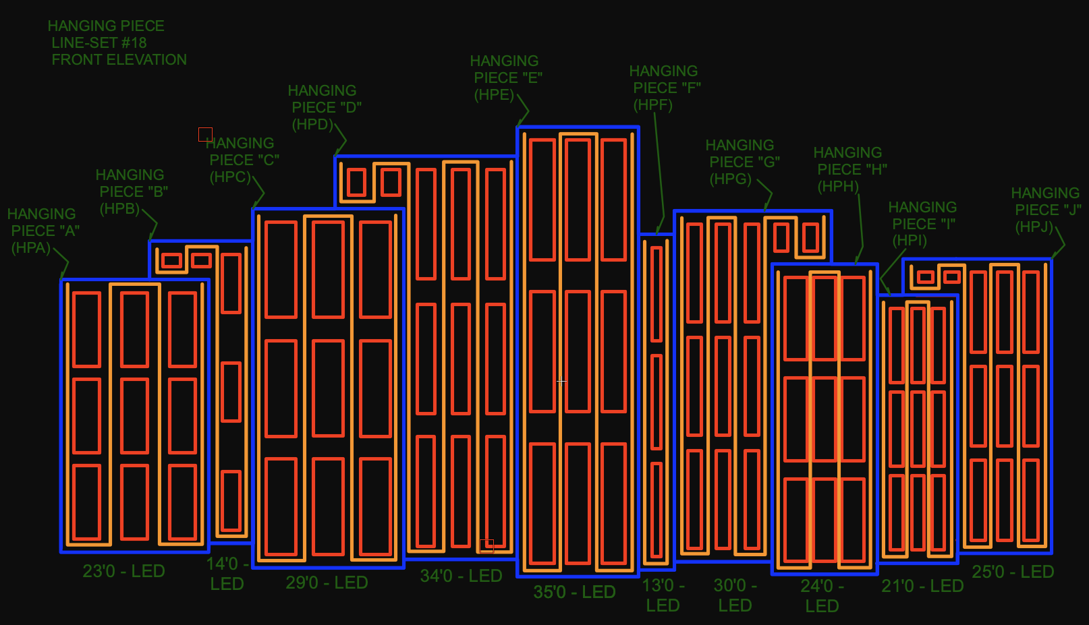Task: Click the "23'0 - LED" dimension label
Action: (123, 571)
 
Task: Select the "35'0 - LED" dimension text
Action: (574, 592)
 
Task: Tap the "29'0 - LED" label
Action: (327, 583)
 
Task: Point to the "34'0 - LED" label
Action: (461, 576)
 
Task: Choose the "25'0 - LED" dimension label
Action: (1012, 572)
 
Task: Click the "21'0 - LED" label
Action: (922, 586)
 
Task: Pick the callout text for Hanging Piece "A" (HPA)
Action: (43, 231)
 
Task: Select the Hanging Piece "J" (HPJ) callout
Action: (1046, 210)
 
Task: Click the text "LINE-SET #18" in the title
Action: (99, 42)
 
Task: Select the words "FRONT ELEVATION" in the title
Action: (119, 59)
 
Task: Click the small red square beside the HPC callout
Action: (205, 134)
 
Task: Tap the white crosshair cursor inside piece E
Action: (561, 381)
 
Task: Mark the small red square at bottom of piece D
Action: (486, 545)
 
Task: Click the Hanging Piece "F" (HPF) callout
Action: (665, 88)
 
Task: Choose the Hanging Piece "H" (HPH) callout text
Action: (849, 169)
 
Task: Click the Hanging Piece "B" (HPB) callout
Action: (132, 191)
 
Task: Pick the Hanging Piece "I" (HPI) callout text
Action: (922, 224)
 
